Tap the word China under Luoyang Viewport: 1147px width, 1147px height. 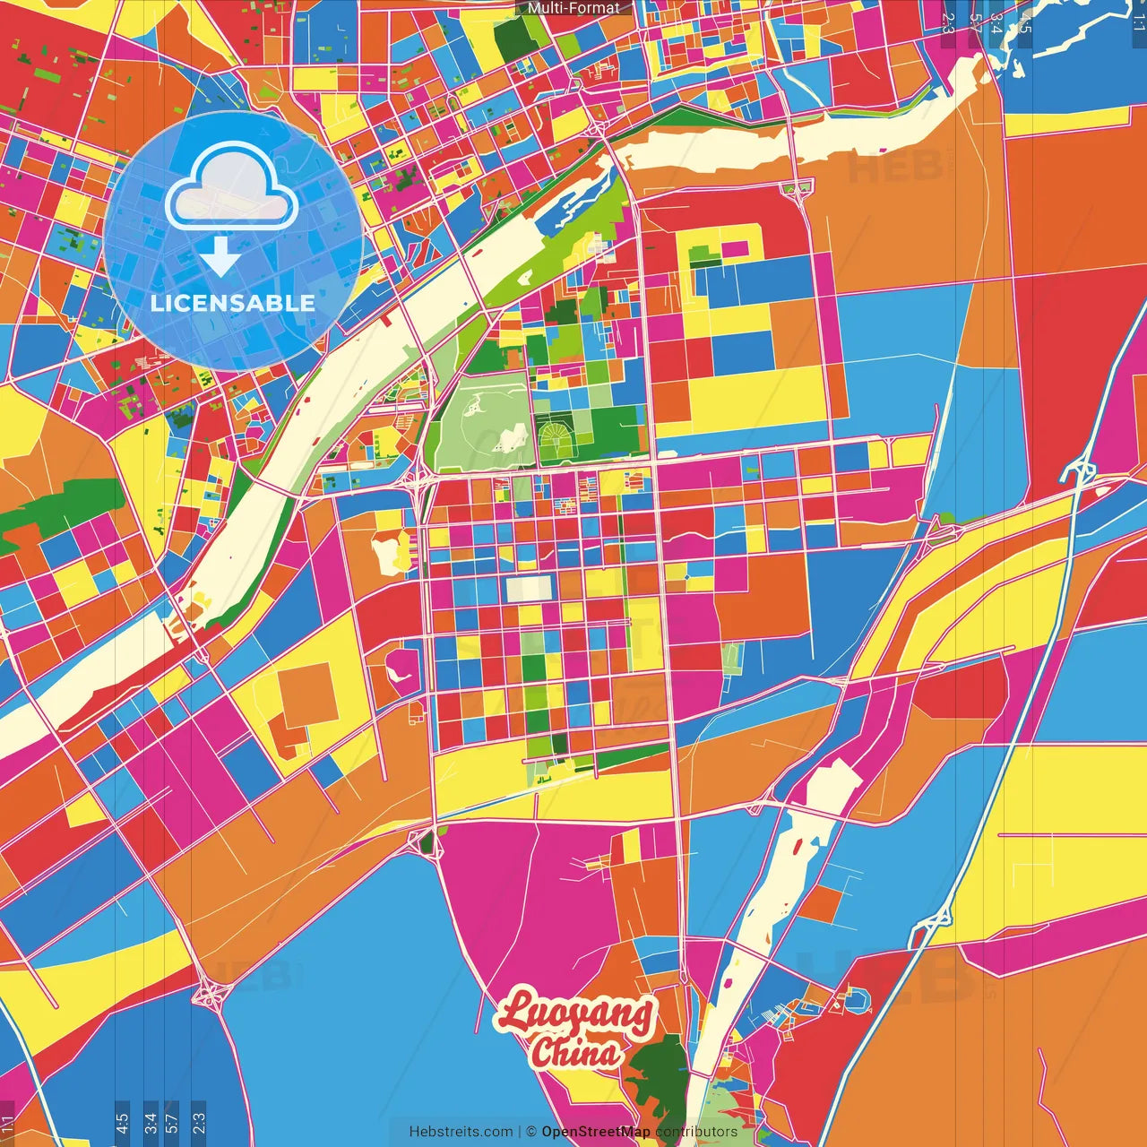point(575,1052)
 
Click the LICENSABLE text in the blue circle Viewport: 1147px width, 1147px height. point(233,303)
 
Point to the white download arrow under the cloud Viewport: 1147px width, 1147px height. point(220,256)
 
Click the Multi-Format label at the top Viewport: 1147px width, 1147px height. point(573,8)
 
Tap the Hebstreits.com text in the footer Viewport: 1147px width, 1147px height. point(461,1132)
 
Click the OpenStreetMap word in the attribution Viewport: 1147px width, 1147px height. point(595,1132)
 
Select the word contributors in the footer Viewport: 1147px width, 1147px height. point(696,1132)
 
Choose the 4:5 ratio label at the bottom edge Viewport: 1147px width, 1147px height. point(122,1123)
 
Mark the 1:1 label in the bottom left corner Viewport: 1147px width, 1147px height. point(8,1125)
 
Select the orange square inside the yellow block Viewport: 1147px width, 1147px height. point(308,694)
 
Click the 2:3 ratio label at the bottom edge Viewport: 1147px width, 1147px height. point(199,1123)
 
